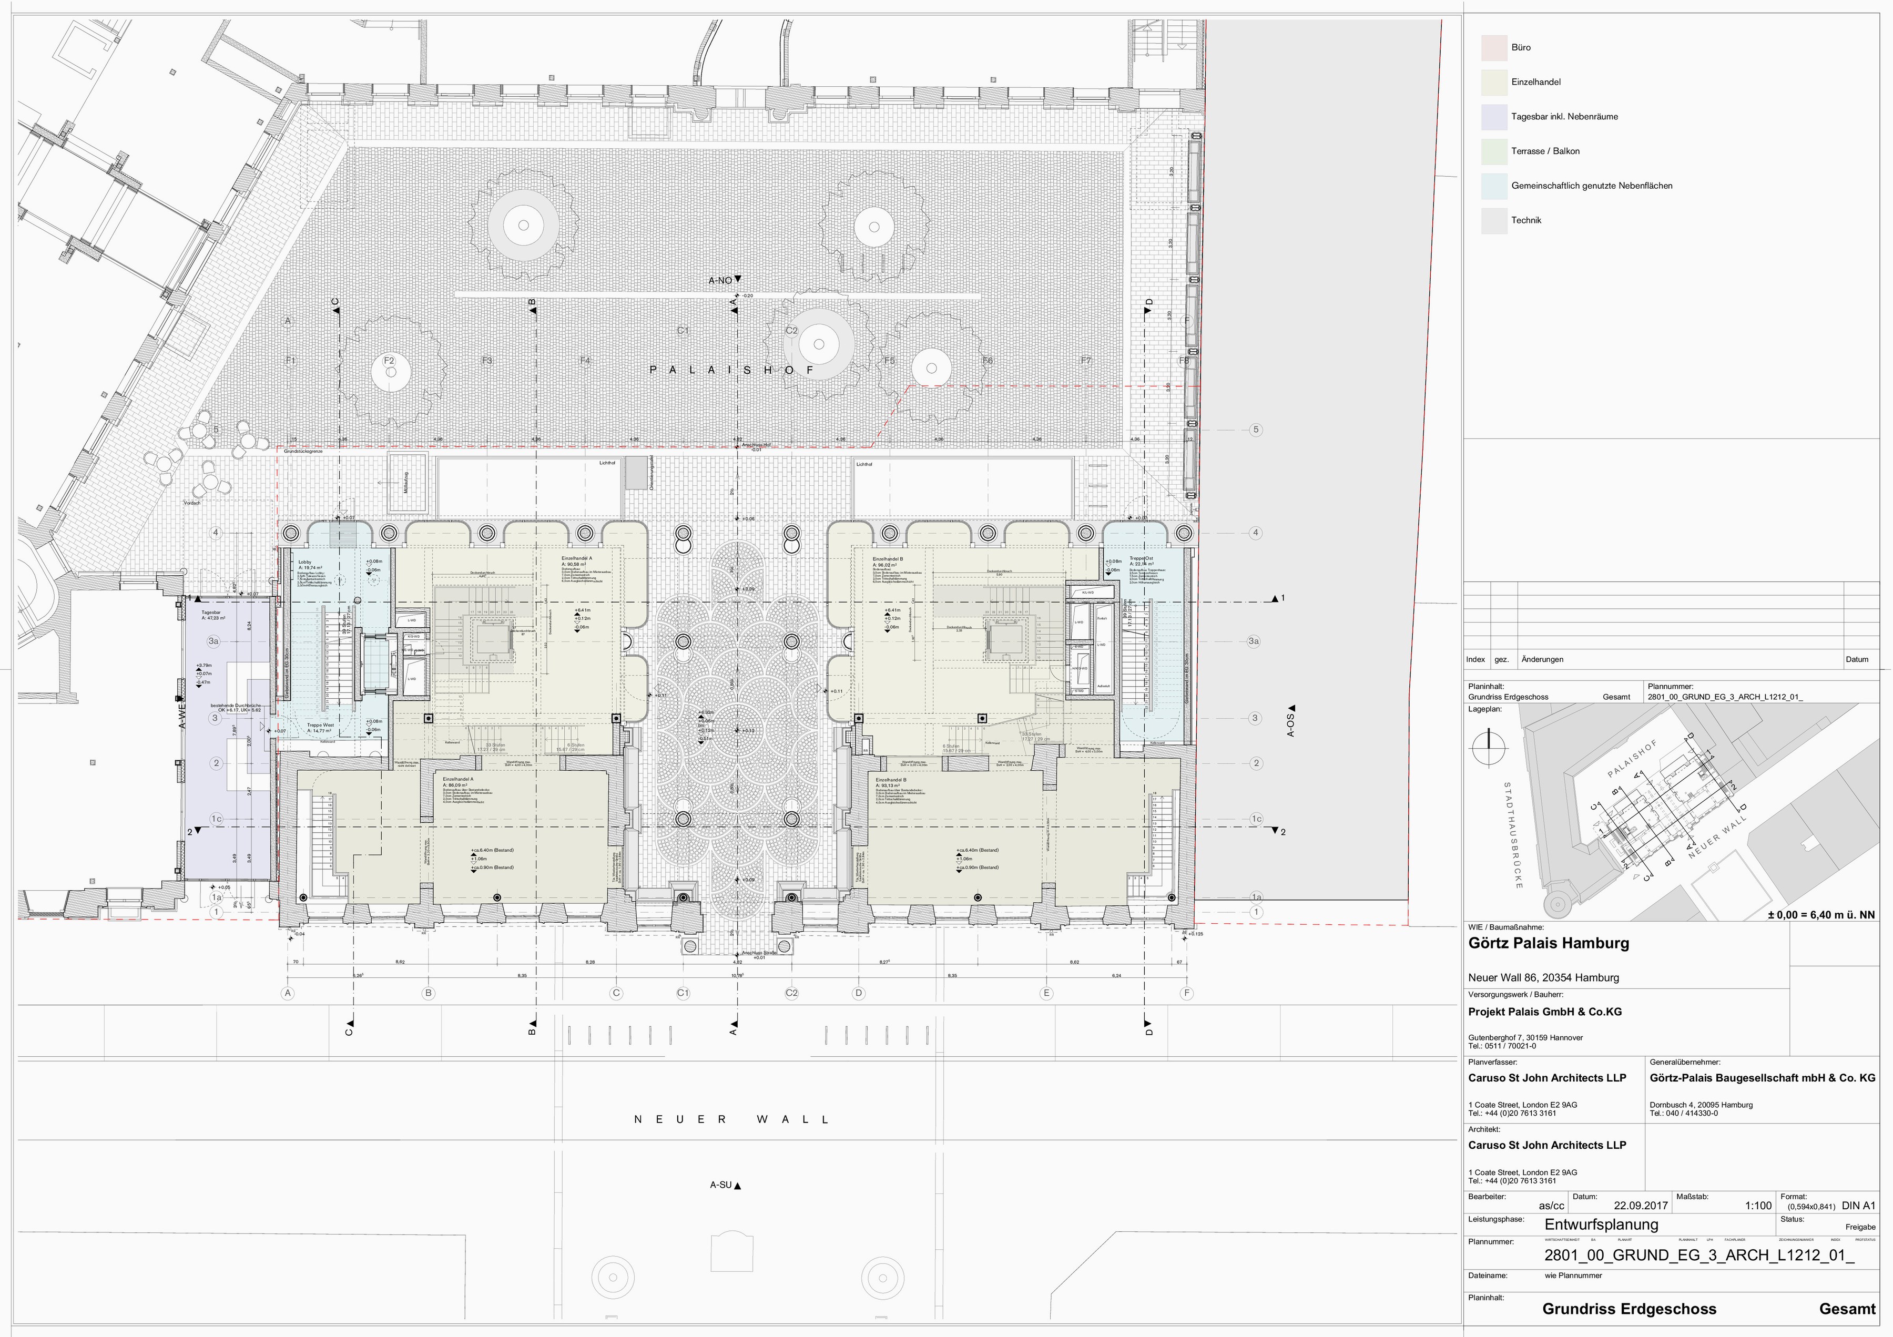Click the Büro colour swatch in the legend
pyautogui.click(x=1494, y=48)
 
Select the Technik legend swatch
pyautogui.click(x=1494, y=221)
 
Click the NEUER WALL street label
pyautogui.click(x=731, y=1119)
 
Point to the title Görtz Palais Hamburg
pyautogui.click(x=1549, y=943)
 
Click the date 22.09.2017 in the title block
pyautogui.click(x=1641, y=1205)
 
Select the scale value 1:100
pyautogui.click(x=1758, y=1205)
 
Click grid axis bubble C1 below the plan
pyautogui.click(x=683, y=993)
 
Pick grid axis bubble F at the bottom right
pyautogui.click(x=1186, y=993)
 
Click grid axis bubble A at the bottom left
pyautogui.click(x=288, y=993)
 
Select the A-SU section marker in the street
pyautogui.click(x=725, y=1186)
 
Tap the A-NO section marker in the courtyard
pyautogui.click(x=724, y=280)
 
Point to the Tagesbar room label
pyautogui.click(x=211, y=613)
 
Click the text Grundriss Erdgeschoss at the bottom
pyautogui.click(x=1629, y=1309)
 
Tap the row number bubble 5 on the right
pyautogui.click(x=1256, y=430)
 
